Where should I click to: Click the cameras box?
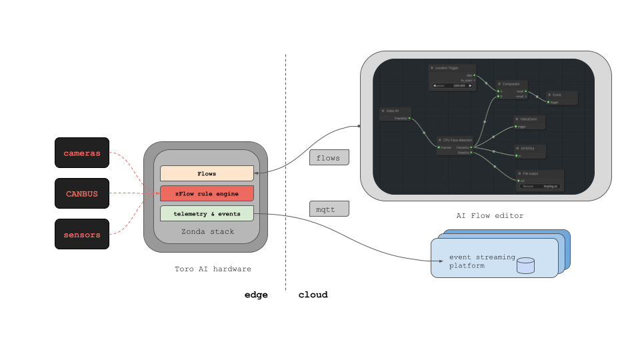tap(82, 153)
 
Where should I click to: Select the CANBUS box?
tap(82, 193)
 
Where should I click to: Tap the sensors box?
tap(82, 234)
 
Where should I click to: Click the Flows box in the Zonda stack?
tap(207, 173)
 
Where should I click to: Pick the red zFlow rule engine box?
tap(207, 193)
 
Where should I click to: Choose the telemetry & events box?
tap(207, 213)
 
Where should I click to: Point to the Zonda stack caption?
tap(207, 231)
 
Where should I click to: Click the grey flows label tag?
tap(329, 158)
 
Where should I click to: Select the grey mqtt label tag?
tap(329, 209)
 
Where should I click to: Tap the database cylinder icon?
tap(525, 265)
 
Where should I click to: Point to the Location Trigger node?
tap(452, 77)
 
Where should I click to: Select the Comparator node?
tap(512, 89)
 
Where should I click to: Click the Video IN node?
tap(395, 114)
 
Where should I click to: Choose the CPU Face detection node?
tap(455, 145)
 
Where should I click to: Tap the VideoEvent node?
tap(529, 122)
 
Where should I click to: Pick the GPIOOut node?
tap(529, 151)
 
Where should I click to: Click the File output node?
tap(539, 180)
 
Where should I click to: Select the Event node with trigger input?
tap(561, 98)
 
